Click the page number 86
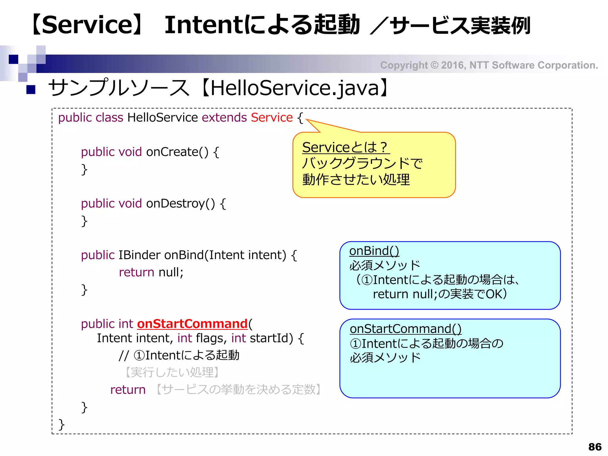tap(595, 447)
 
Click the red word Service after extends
tap(272, 118)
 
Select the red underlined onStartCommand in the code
tap(192, 324)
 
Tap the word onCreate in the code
tap(172, 152)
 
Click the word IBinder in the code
tap(139, 255)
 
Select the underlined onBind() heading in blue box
tap(374, 251)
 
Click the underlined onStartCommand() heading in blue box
tap(406, 329)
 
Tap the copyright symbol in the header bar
tap(434, 65)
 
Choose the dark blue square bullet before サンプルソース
tap(31, 89)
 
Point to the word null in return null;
tap(169, 272)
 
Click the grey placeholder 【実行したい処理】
tap(172, 372)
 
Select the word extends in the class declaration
tap(224, 118)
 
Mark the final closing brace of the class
tap(61, 424)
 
